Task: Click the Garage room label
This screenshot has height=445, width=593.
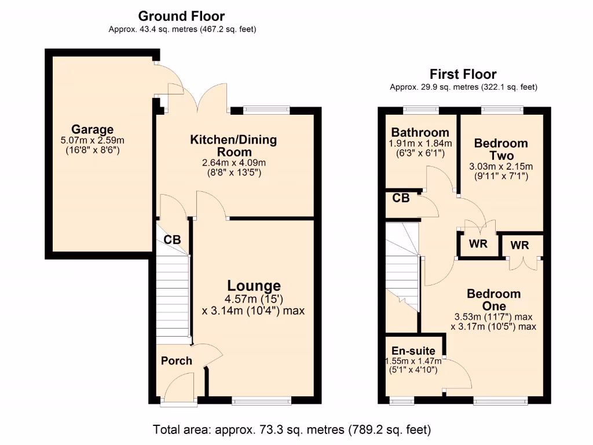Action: [93, 129]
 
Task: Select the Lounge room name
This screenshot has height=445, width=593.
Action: [254, 286]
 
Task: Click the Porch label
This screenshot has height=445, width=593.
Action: [176, 361]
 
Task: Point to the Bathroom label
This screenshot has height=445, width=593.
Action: [420, 132]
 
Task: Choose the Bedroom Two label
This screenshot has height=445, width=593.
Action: [501, 149]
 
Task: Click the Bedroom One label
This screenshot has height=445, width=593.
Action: [493, 300]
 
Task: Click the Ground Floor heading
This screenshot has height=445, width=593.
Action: [181, 16]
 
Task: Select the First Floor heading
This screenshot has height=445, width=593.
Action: [463, 74]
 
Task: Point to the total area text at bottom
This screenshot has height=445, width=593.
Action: [292, 430]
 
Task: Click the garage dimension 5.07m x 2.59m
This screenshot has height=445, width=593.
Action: [93, 140]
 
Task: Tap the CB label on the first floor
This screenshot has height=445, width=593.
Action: [401, 198]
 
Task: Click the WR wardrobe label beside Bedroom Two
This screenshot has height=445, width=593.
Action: [478, 244]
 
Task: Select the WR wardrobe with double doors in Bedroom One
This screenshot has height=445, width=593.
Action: [520, 245]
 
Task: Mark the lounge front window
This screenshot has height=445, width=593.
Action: [261, 400]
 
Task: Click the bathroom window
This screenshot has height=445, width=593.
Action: [420, 110]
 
